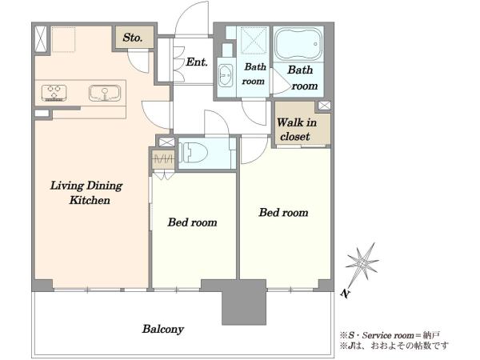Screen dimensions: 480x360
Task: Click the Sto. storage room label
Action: tap(133, 38)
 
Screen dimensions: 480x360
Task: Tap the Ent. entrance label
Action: tap(197, 62)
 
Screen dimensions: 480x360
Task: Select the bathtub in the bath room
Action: tap(298, 44)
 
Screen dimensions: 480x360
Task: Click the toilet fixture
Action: tap(194, 152)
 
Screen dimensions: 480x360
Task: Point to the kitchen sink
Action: tap(105, 93)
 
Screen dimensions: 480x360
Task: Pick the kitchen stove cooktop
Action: tap(54, 93)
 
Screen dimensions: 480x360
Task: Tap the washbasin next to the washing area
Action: tap(226, 74)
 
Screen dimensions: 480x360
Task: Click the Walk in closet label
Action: tap(296, 130)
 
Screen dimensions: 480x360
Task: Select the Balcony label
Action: tap(163, 329)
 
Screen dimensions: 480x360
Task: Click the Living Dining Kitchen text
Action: tap(86, 193)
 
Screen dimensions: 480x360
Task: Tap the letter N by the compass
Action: tap(345, 294)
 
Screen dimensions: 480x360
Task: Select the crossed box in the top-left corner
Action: tap(41, 39)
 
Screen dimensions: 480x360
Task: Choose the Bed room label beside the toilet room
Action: tap(192, 222)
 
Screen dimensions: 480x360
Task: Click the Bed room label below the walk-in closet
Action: tap(283, 213)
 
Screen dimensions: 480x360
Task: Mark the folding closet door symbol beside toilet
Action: tap(163, 158)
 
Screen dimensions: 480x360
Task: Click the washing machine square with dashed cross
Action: tap(253, 41)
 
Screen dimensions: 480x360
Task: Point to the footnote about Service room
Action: tap(390, 335)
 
